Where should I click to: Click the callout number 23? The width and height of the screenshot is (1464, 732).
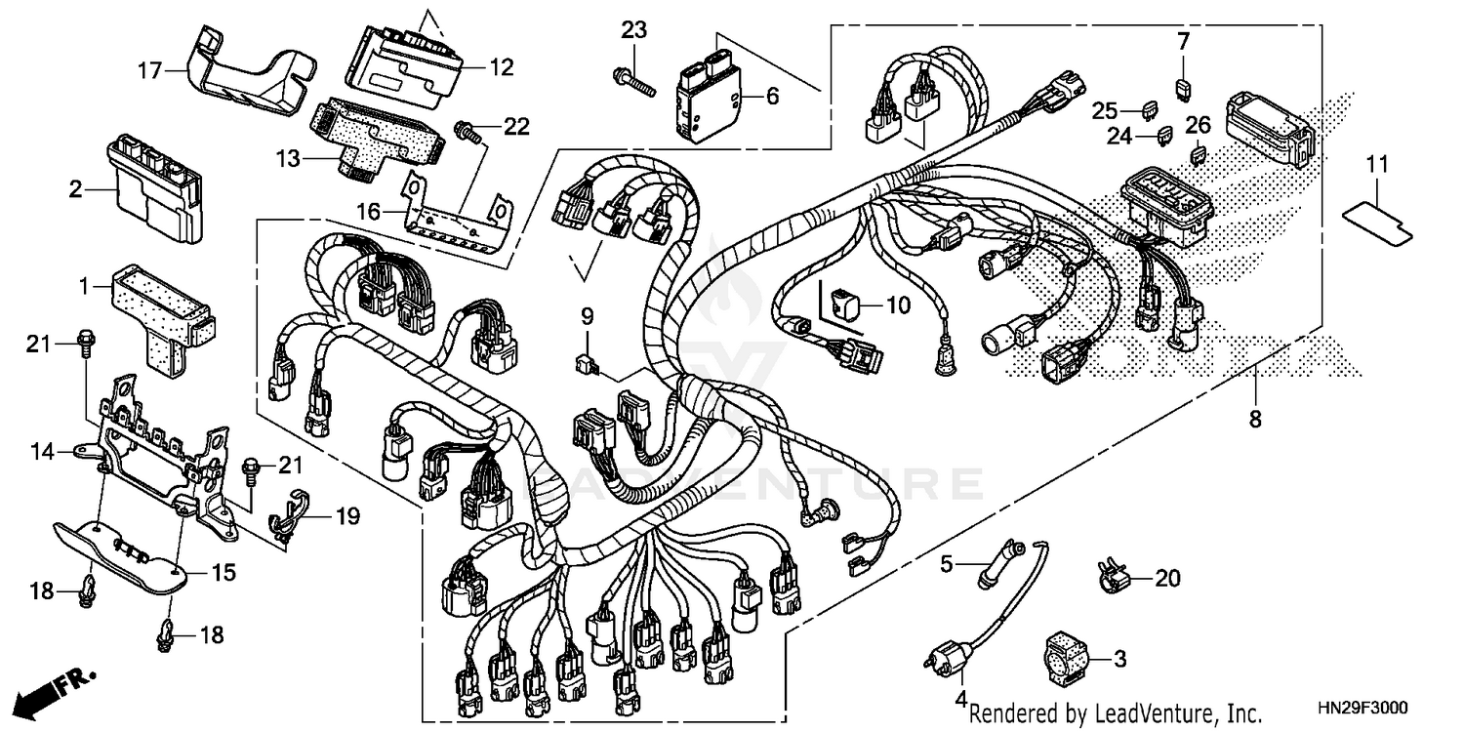click(x=634, y=30)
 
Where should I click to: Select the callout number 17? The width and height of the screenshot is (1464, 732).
click(x=148, y=70)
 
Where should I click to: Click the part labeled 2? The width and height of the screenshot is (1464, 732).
click(x=156, y=188)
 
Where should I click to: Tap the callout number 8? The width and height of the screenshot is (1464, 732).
click(x=1255, y=420)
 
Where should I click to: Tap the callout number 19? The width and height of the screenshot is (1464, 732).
click(x=347, y=515)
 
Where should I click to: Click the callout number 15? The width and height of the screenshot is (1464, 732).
click(x=224, y=573)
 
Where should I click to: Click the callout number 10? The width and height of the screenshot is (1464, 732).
click(x=897, y=305)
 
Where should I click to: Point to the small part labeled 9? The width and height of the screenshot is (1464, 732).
click(x=587, y=364)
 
